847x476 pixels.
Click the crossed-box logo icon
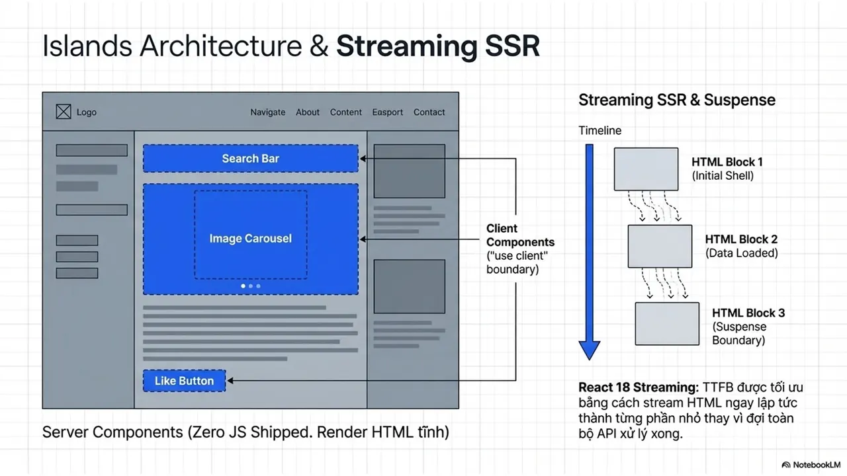63,112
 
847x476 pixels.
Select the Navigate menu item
268,112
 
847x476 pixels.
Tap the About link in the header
308,112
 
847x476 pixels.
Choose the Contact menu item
429,112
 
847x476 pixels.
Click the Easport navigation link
387,112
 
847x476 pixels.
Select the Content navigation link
345,112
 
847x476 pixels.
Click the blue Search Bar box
251,158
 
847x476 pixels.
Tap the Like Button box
184,381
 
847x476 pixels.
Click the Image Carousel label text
251,239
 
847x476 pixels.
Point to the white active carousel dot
243,286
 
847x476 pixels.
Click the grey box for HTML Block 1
646,169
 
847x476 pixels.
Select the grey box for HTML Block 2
660,247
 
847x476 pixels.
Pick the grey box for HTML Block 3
667,324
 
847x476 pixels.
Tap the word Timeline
600,131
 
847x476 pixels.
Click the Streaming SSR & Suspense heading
677,100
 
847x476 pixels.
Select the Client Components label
520,235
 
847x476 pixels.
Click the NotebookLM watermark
811,465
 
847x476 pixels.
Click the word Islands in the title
87,46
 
